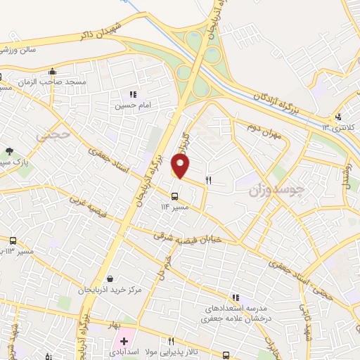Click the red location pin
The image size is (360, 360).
click(181, 166)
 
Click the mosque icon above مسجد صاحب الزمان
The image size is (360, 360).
click(52, 71)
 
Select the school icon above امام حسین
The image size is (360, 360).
click(131, 94)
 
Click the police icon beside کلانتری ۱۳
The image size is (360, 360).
click(339, 117)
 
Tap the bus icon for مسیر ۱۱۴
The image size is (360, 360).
click(176, 196)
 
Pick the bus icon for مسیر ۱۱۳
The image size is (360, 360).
click(13, 241)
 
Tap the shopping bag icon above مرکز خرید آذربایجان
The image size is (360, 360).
click(105, 278)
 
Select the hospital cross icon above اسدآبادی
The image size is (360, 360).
click(124, 341)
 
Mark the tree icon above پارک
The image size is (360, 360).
click(9, 151)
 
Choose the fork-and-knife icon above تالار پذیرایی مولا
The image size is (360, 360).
click(171, 342)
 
